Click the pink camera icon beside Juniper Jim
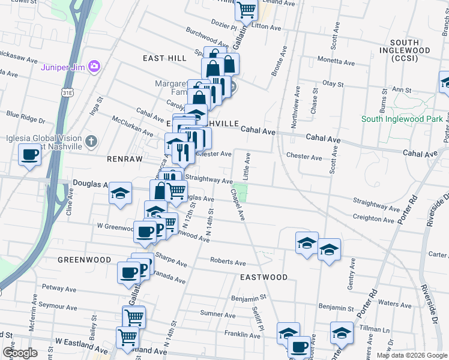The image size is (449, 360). click(x=94, y=67)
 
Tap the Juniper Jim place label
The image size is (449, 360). click(x=63, y=67)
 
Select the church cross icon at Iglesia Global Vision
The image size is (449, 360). click(x=91, y=142)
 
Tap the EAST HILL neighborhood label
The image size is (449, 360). click(x=164, y=57)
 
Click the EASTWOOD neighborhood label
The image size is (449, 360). click(x=264, y=277)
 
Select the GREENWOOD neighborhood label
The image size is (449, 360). click(x=85, y=260)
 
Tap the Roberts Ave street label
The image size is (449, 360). click(x=228, y=262)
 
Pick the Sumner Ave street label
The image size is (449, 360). click(x=217, y=314)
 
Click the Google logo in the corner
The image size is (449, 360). click(x=20, y=353)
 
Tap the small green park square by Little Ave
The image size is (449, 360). click(x=240, y=193)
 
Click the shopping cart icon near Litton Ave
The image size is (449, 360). click(x=246, y=10)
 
